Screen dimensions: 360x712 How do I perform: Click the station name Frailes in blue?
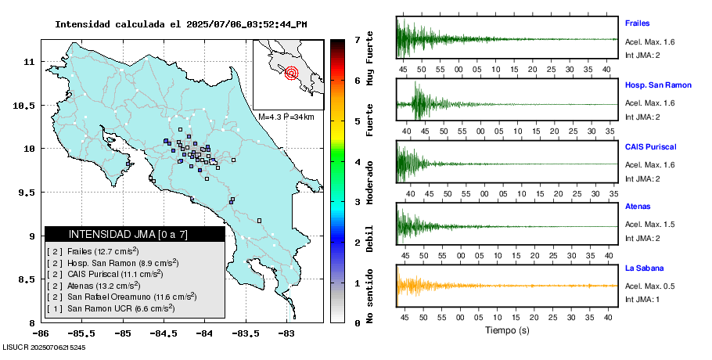638,23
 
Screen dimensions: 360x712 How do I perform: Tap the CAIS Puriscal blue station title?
650,146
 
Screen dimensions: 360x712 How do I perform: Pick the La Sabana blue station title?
643,268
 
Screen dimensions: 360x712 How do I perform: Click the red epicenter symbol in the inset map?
292,74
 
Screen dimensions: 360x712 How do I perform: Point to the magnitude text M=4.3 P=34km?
286,117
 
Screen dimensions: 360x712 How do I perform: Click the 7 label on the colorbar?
357,39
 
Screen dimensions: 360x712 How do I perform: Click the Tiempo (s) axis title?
507,330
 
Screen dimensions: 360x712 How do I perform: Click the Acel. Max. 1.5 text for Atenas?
649,225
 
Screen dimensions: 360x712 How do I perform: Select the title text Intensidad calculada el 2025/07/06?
181,24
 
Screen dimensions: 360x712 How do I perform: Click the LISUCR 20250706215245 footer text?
45,347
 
